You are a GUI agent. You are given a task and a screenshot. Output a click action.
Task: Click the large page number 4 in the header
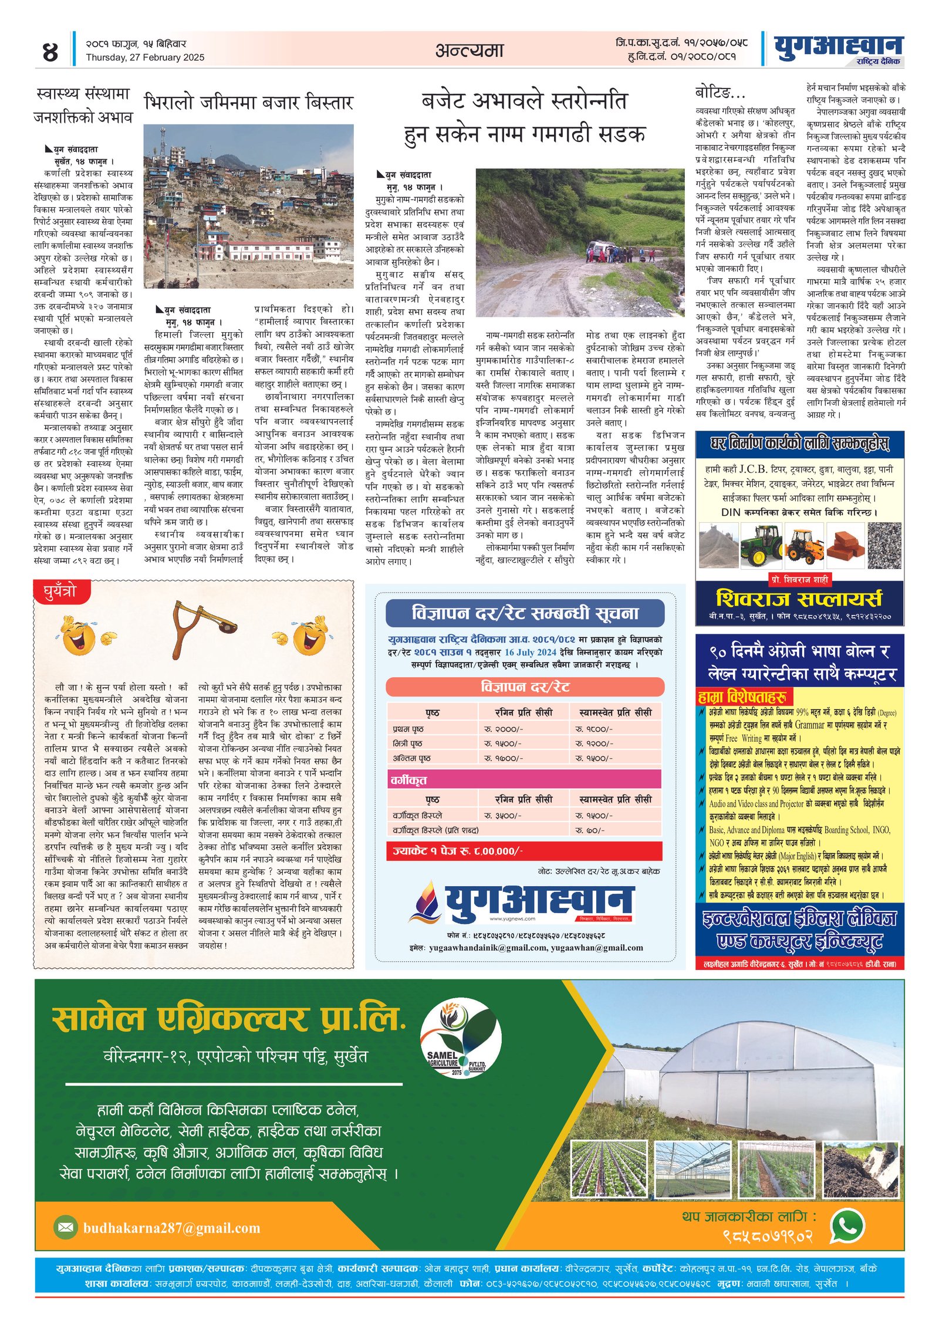50,52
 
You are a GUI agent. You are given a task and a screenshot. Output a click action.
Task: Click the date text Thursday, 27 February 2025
145,58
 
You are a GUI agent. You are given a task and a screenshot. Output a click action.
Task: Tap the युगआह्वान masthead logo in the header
837,46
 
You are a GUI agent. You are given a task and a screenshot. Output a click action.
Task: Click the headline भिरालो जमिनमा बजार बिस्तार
248,103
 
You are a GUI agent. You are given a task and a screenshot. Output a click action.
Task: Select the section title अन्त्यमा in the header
469,50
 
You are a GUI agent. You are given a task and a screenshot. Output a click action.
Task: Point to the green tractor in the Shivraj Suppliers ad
761,543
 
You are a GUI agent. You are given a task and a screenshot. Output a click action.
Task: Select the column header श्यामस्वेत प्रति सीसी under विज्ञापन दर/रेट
615,712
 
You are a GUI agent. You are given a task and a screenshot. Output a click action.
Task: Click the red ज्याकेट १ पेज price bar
524,851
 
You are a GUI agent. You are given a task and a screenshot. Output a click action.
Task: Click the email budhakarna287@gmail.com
171,1228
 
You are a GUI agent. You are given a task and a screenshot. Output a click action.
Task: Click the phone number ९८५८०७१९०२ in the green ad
768,1236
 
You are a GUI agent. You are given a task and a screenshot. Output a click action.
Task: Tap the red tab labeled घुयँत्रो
62,592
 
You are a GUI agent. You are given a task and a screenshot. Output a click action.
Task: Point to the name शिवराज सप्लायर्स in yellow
799,599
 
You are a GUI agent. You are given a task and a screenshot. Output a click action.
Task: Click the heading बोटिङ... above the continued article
720,93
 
